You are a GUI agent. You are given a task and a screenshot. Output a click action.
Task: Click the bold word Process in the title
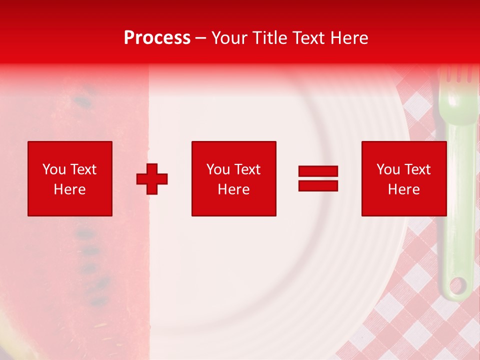pyautogui.click(x=157, y=38)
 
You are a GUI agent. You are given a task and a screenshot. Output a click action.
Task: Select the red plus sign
pyautogui.click(x=152, y=179)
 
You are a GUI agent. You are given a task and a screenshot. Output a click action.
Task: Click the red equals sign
pyautogui.click(x=318, y=178)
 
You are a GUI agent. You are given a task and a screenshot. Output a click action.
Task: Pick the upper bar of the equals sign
pyautogui.click(x=318, y=171)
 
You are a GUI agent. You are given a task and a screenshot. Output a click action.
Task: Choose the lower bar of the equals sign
pyautogui.click(x=318, y=185)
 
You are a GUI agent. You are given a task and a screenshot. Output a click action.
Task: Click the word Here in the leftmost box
pyautogui.click(x=70, y=189)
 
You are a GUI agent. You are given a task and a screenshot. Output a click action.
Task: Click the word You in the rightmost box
pyautogui.click(x=388, y=169)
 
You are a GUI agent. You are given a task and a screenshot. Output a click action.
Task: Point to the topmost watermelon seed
pyautogui.click(x=82, y=102)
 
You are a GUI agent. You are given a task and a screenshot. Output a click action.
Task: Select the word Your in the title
pyautogui.click(x=229, y=38)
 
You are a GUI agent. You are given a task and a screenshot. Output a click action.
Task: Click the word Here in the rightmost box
pyautogui.click(x=404, y=189)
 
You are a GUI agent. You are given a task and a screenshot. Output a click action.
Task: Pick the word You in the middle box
pyautogui.click(x=218, y=169)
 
